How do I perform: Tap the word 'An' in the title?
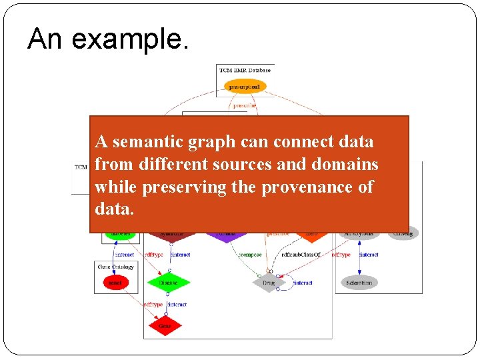pos(45,39)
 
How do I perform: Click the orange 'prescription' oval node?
pos(245,87)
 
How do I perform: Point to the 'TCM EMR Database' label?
pos(245,69)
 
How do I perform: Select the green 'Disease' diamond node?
pos(168,283)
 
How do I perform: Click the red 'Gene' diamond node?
pos(165,326)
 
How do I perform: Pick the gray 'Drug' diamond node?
pos(268,283)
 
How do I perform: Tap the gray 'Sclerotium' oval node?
pos(360,283)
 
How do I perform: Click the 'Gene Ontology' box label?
pos(116,267)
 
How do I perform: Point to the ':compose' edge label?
pos(250,255)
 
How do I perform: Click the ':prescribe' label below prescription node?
pos(244,105)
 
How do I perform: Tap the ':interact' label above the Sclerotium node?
pos(368,255)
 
